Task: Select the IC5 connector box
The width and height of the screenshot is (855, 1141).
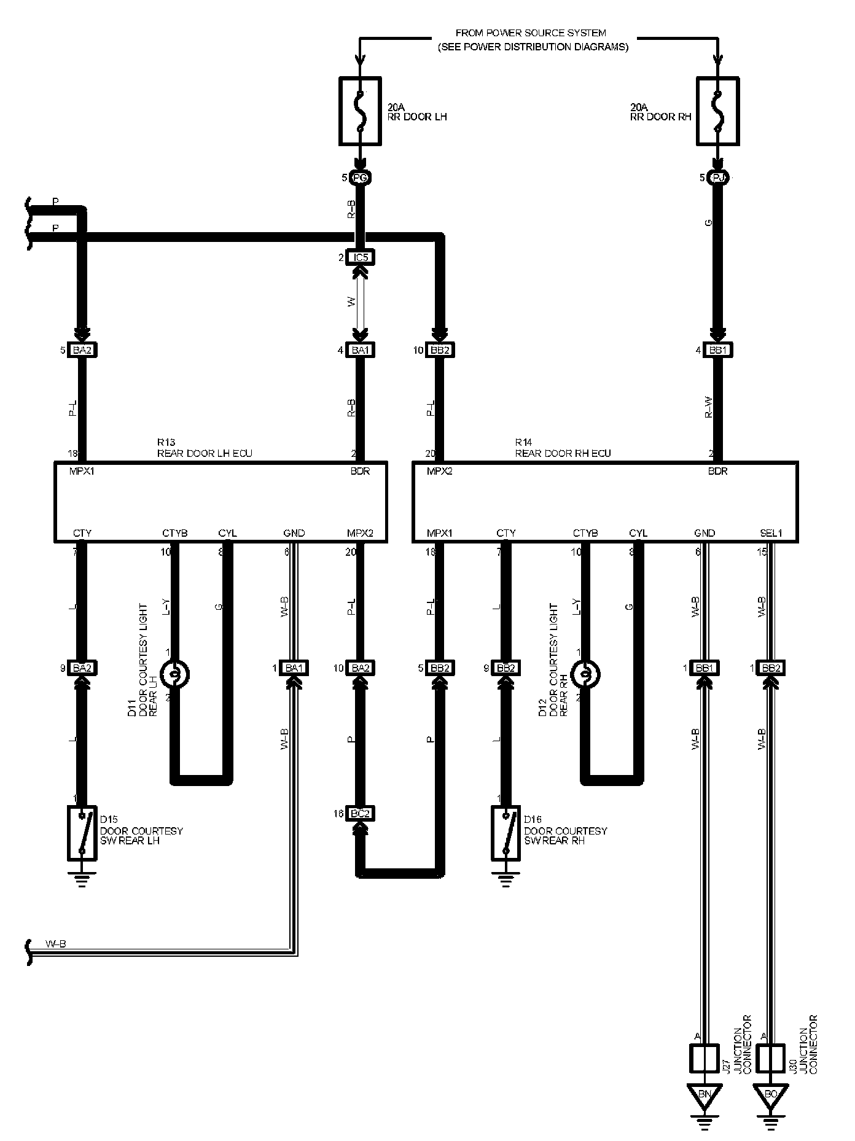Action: (x=360, y=257)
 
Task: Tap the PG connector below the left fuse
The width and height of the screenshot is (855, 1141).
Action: (x=360, y=178)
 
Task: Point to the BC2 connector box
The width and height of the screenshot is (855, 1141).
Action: (x=360, y=814)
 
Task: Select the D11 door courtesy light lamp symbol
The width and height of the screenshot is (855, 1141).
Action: (x=174, y=674)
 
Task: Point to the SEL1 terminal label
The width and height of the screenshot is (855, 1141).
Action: (x=771, y=533)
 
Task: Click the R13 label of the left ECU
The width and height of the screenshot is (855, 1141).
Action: (x=166, y=442)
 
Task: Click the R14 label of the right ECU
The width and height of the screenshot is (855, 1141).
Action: (x=523, y=442)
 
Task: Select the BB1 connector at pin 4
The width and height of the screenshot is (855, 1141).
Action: (x=717, y=350)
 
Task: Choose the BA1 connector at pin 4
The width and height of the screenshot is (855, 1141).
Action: (x=360, y=350)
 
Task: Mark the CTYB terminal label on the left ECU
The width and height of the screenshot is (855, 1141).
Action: (x=174, y=533)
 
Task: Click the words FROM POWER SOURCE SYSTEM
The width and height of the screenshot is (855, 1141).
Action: (x=531, y=33)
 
